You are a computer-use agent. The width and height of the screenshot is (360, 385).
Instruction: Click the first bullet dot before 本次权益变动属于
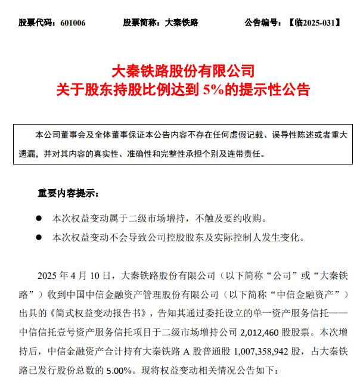(x=39, y=218)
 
